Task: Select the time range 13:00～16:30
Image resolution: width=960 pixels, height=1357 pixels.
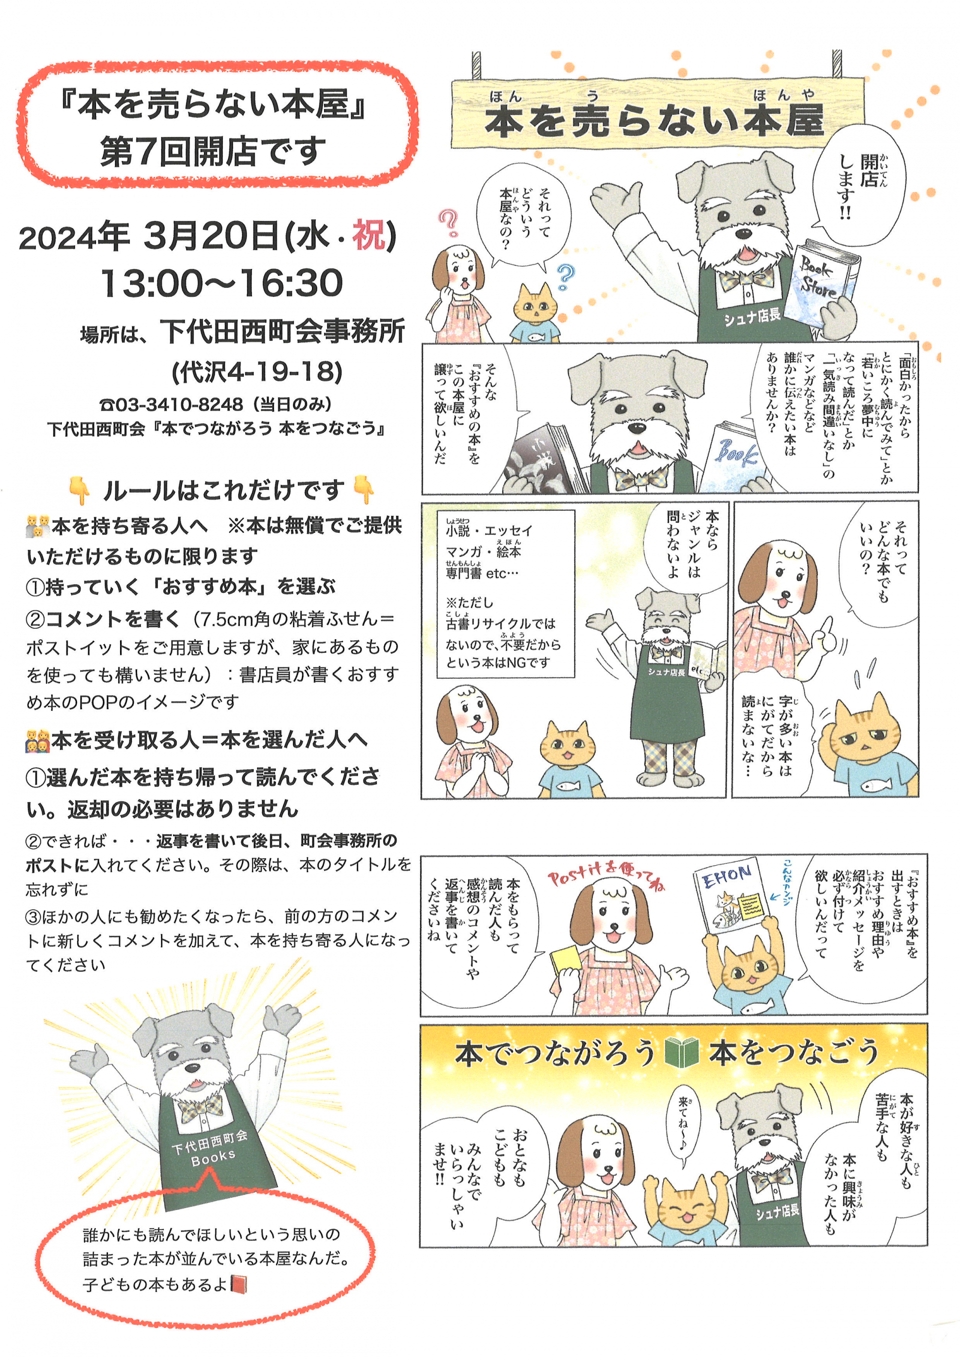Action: (221, 282)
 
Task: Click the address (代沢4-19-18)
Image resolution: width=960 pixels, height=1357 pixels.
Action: (257, 372)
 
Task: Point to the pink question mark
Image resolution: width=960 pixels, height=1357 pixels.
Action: (448, 223)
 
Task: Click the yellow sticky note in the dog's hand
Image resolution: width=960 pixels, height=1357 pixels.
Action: (566, 956)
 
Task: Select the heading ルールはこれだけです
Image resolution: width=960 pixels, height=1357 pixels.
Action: (223, 490)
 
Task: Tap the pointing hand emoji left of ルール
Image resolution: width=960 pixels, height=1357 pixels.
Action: (80, 490)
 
